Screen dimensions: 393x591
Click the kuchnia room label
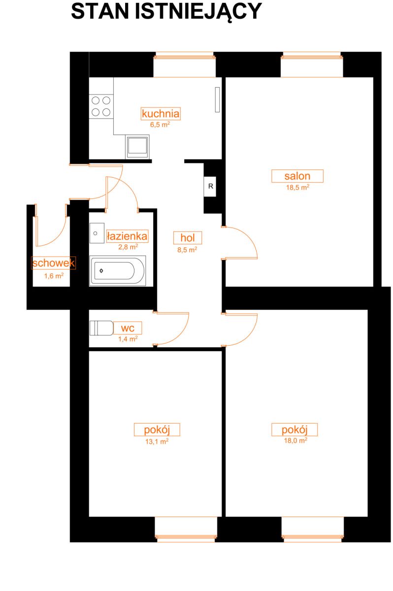[161, 114]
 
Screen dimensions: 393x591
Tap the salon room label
[297, 176]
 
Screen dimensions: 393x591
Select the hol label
[188, 238]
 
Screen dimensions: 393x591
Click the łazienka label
[127, 236]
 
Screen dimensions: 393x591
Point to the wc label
[128, 328]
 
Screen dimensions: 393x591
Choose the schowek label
[54, 263]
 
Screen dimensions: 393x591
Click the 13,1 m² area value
[157, 441]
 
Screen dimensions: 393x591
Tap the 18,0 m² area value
[295, 440]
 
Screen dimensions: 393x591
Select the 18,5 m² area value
[298, 187]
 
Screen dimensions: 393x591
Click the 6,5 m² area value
[160, 124]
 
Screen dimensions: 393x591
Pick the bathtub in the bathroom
[118, 270]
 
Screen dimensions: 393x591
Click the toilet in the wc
[101, 328]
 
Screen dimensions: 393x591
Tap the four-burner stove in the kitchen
[101, 106]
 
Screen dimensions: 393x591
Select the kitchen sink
[137, 146]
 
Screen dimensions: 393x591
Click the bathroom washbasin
[97, 233]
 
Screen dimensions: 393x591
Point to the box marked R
[210, 186]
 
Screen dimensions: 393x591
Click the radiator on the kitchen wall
[217, 99]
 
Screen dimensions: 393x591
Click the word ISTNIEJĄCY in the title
[198, 12]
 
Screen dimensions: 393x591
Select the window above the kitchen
[185, 65]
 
